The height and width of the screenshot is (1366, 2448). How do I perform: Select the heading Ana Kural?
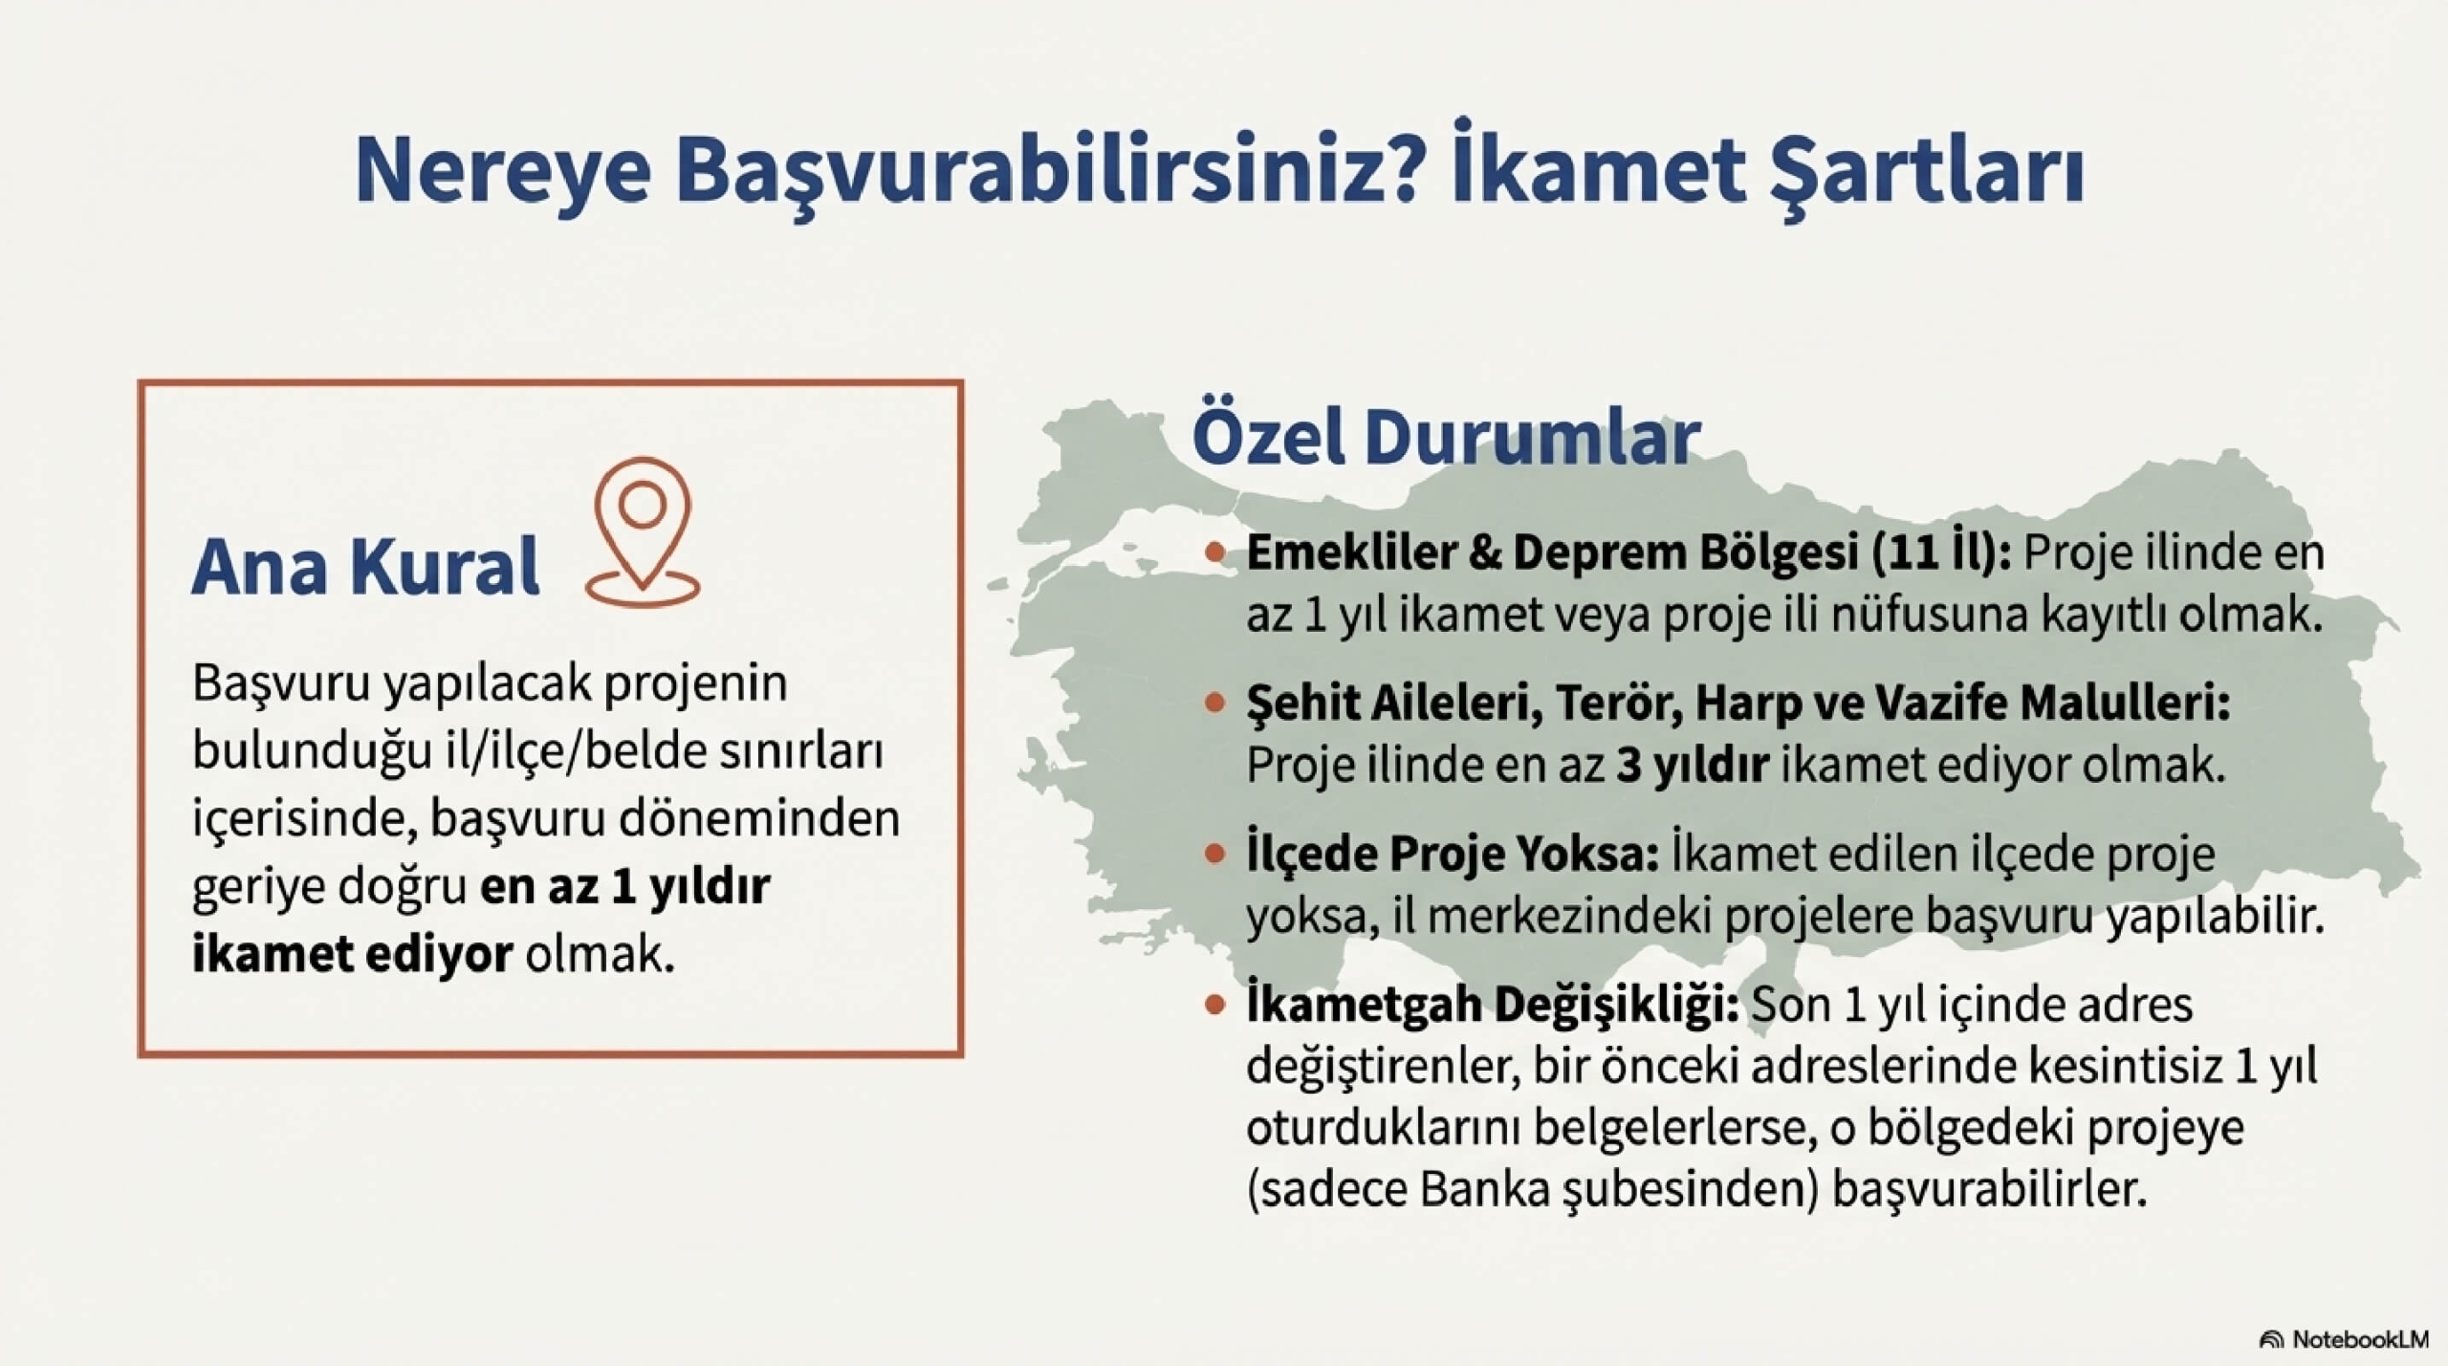366,567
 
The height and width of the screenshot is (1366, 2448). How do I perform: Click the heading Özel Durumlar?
1445,439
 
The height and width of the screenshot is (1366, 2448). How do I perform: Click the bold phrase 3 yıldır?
1693,765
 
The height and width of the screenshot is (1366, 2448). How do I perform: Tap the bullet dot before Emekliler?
1215,553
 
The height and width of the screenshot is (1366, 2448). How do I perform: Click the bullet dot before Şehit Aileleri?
1215,704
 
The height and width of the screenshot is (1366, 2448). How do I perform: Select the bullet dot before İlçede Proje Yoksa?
1215,854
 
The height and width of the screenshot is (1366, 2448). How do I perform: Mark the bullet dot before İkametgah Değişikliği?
1215,1005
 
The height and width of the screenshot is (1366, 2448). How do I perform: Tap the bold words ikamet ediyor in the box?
353,954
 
